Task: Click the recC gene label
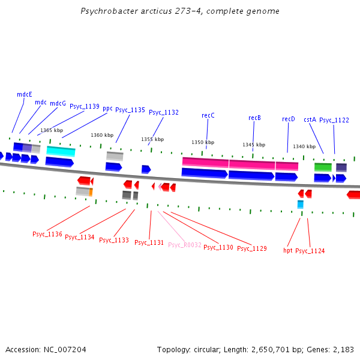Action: point(208,115)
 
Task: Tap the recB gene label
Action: point(254,118)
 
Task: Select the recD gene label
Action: point(289,119)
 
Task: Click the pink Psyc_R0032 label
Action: point(185,245)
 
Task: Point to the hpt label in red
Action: point(288,250)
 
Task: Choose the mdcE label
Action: point(25,94)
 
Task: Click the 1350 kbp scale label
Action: point(203,142)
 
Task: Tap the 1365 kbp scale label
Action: point(52,130)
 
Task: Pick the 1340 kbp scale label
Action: point(304,146)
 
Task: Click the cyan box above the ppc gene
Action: point(61,151)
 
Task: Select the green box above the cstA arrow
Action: point(323,167)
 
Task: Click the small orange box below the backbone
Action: point(91,192)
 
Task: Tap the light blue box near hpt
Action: point(301,205)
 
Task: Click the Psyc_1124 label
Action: point(310,251)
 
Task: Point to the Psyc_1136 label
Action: point(47,234)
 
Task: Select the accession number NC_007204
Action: point(65,350)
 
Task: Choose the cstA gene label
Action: point(310,119)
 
